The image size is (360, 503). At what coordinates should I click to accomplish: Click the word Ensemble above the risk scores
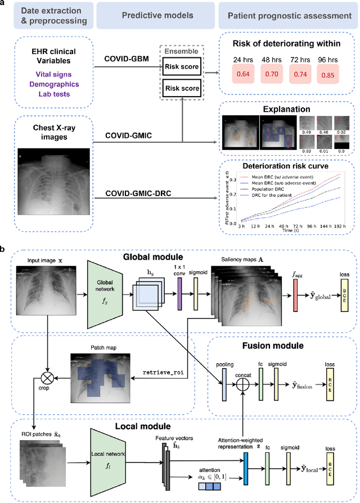click(x=178, y=52)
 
